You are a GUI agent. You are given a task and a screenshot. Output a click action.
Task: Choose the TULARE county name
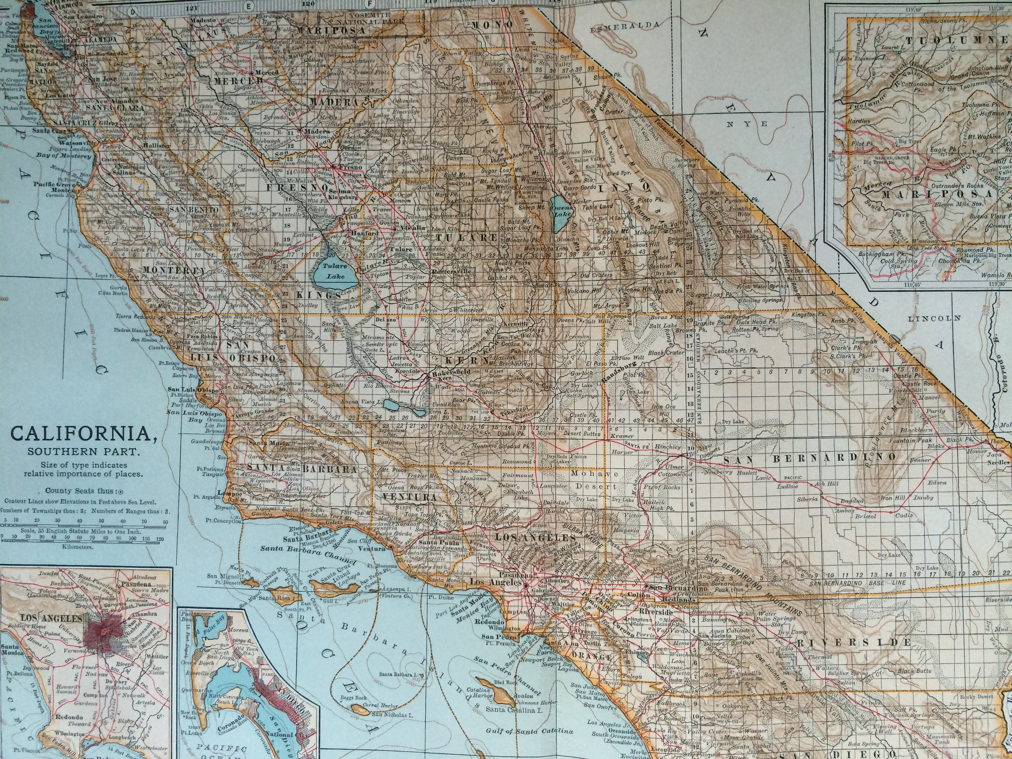[466, 237]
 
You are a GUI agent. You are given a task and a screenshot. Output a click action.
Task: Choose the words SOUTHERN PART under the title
[82, 452]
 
